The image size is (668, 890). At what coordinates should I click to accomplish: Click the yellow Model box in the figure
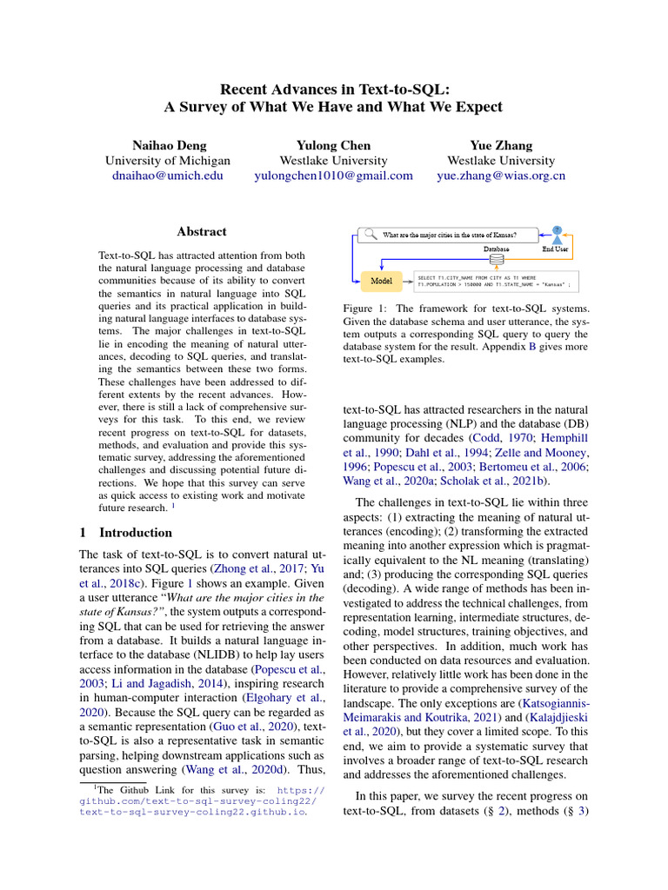[381, 281]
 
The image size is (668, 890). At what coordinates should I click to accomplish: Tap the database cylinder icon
[497, 260]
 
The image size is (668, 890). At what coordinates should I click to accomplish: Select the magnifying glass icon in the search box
[370, 234]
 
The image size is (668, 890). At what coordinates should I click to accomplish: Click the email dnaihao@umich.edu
[168, 176]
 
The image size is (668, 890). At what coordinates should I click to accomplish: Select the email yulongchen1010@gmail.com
[333, 176]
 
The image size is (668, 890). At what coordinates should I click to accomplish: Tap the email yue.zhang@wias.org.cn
[501, 176]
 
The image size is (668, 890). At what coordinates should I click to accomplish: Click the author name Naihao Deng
[168, 145]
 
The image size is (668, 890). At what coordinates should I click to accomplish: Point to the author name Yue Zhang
[501, 145]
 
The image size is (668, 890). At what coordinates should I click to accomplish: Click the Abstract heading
[202, 232]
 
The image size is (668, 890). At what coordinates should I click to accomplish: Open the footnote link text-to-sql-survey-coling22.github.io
[191, 814]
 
